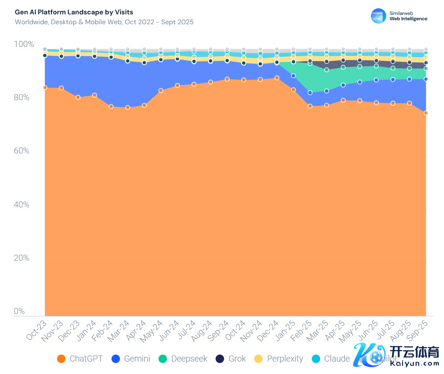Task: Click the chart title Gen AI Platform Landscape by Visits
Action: (x=74, y=12)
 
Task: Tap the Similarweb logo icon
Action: (x=378, y=16)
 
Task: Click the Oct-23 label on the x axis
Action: (x=36, y=330)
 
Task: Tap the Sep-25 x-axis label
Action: (x=418, y=330)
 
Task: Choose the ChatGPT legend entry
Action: (x=80, y=359)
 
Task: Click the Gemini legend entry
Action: (x=131, y=359)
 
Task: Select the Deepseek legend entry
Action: (x=183, y=359)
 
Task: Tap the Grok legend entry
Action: (x=231, y=359)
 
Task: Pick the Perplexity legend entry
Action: (x=279, y=359)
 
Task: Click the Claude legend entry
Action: (x=331, y=359)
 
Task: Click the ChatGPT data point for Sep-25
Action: (x=426, y=113)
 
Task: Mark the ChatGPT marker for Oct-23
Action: (x=45, y=87)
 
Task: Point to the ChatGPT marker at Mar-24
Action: (x=128, y=108)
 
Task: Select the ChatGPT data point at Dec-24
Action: (x=277, y=78)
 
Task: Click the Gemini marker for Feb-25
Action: (x=310, y=93)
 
